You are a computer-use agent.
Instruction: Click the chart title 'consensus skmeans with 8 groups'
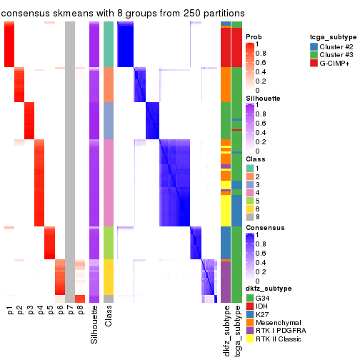[x=123, y=14]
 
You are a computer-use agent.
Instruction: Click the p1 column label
[x=10, y=311]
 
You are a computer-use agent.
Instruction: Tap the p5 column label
[x=50, y=311]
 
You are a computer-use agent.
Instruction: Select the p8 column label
[x=80, y=311]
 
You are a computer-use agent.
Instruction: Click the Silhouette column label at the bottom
[x=94, y=325]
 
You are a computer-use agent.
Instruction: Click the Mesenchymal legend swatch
[x=250, y=322]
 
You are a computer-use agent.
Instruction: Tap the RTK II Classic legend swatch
[x=250, y=341]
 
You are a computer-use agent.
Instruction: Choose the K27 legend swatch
[x=250, y=313]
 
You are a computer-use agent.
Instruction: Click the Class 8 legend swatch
[x=250, y=216]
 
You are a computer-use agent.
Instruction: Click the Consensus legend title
[x=264, y=227]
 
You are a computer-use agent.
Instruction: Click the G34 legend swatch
[x=250, y=296]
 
